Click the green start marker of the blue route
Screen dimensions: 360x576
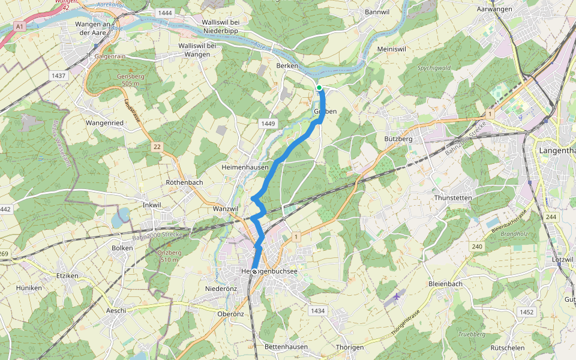click(319, 88)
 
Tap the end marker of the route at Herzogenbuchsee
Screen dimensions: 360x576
click(254, 272)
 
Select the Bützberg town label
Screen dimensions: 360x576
click(398, 139)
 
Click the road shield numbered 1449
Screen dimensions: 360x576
click(268, 124)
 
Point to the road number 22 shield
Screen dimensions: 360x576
click(157, 146)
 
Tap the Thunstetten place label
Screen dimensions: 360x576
click(453, 197)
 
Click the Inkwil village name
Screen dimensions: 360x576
click(152, 205)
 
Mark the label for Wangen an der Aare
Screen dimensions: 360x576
click(94, 28)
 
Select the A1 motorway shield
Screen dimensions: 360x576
click(20, 27)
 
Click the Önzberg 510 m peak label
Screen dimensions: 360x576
click(169, 256)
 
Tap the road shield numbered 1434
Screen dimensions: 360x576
click(318, 311)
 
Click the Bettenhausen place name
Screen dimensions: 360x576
click(286, 347)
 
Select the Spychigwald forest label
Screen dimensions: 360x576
click(433, 68)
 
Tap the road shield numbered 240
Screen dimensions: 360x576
click(478, 246)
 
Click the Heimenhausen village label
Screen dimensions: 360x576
click(245, 167)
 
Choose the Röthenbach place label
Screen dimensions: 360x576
click(184, 182)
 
